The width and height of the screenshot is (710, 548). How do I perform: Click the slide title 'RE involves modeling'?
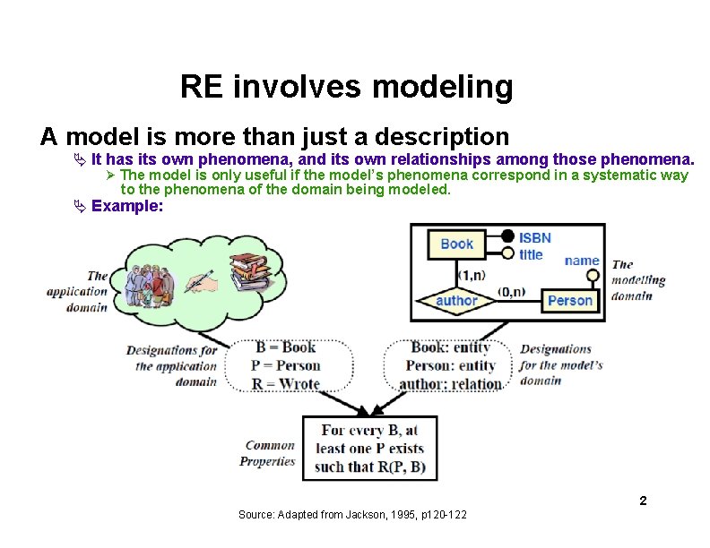pyautogui.click(x=346, y=88)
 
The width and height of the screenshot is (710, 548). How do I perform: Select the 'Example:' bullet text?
pyautogui.click(x=127, y=206)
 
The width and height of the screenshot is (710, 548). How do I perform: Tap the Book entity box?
pyautogui.click(x=456, y=244)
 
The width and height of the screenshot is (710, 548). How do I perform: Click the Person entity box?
pyautogui.click(x=570, y=301)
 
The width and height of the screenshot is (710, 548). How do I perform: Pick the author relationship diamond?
pyautogui.click(x=456, y=301)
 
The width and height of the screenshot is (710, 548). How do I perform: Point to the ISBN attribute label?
pyautogui.click(x=535, y=237)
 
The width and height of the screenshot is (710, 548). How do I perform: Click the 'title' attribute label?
pyautogui.click(x=531, y=254)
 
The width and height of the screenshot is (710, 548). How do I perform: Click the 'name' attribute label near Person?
pyautogui.click(x=582, y=261)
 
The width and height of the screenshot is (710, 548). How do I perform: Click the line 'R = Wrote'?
pyautogui.click(x=287, y=383)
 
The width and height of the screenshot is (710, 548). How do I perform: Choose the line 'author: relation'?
pyautogui.click(x=450, y=383)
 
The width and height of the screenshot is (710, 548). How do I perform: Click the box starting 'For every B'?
pyautogui.click(x=369, y=449)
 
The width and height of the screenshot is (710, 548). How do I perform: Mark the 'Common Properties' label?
pyautogui.click(x=269, y=453)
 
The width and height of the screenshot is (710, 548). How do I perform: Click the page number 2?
pyautogui.click(x=643, y=501)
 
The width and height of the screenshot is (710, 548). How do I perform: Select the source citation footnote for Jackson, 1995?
pyautogui.click(x=359, y=515)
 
